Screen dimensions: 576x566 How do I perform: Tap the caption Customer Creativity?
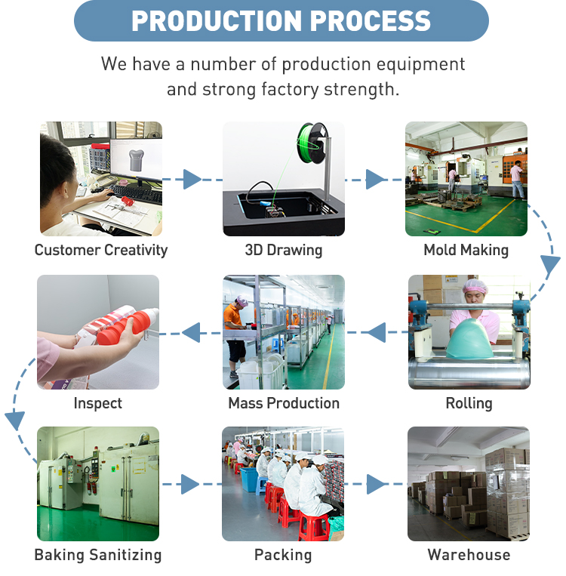[101, 250]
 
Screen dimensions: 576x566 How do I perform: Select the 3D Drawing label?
[283, 250]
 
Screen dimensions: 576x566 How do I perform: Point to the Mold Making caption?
[466, 250]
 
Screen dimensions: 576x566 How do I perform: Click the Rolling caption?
[469, 403]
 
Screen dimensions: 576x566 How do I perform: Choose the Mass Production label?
[284, 403]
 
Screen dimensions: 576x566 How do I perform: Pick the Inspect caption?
[98, 403]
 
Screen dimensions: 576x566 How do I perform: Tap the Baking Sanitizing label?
[98, 555]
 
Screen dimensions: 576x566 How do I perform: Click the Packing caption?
[283, 555]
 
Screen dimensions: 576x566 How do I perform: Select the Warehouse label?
[469, 555]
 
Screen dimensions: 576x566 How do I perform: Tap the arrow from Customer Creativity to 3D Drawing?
[192, 180]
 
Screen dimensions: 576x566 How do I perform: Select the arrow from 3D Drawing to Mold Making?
[375, 180]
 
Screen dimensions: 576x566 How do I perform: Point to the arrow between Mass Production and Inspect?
[192, 331]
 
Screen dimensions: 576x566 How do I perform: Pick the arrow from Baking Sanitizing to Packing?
[190, 484]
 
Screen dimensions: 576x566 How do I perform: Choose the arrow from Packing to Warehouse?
[376, 484]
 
